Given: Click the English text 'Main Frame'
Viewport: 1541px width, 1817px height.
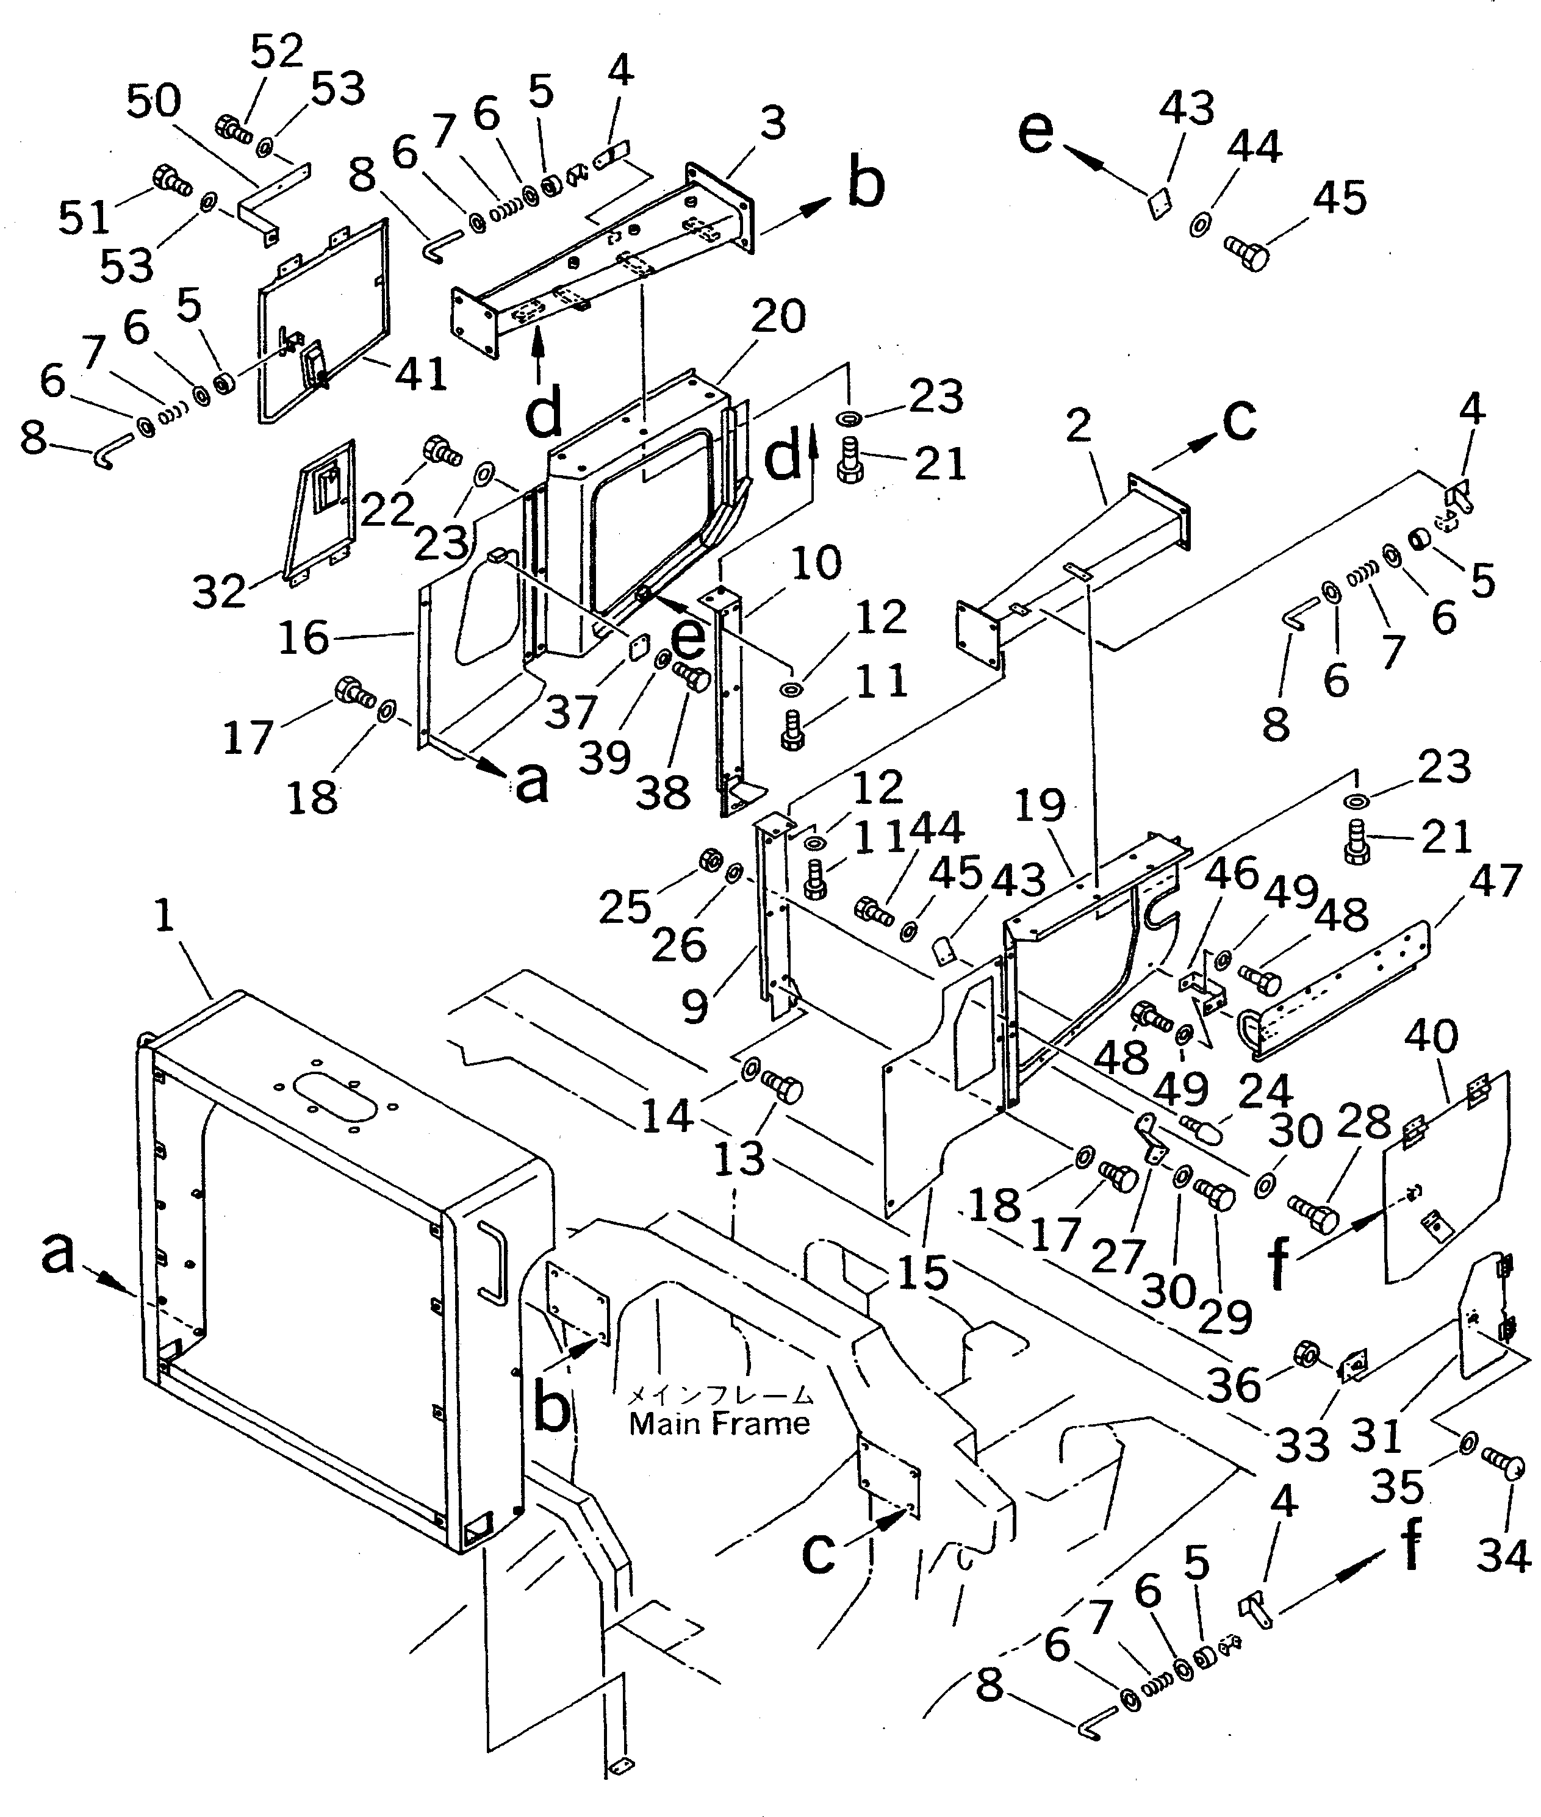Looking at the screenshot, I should [719, 1425].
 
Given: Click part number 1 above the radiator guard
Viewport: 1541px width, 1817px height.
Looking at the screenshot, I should [164, 918].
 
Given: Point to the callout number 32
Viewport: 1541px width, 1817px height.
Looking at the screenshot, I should [219, 592].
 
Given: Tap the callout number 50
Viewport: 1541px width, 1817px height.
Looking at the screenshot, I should [154, 102].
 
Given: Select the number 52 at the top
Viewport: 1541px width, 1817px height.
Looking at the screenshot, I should [276, 52].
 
